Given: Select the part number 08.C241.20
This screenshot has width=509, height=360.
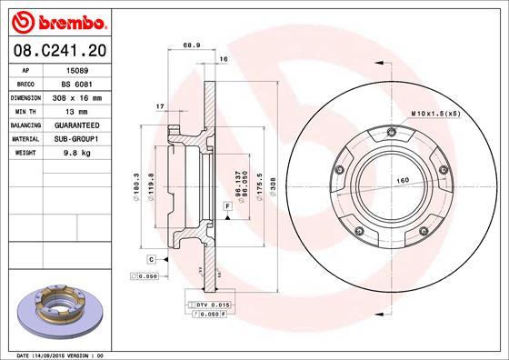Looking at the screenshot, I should [x=59, y=50].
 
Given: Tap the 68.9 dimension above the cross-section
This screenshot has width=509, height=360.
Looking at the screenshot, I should [x=192, y=45].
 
